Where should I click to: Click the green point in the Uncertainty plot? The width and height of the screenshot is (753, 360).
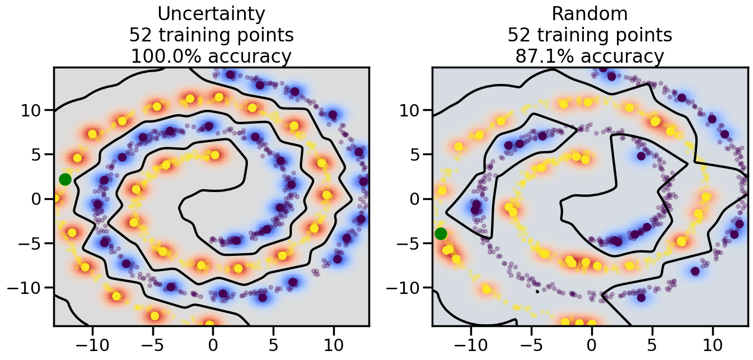65,179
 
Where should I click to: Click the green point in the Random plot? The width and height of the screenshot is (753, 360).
441,233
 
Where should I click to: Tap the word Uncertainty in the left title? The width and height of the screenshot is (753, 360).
211,13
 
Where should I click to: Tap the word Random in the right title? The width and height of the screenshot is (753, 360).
590,13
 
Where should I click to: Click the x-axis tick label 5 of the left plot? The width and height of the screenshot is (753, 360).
273,343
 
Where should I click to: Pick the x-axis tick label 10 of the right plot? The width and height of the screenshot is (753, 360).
713,343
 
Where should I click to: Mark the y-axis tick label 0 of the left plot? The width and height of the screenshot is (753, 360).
39,199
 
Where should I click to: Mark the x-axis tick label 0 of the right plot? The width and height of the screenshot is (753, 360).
592,343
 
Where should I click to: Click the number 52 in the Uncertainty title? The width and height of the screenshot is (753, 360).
141,35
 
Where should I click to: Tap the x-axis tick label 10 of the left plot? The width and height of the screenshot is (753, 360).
334,343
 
